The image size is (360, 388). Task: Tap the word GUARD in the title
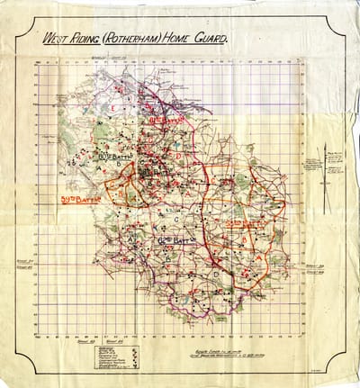(209, 39)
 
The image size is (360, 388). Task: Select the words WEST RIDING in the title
(70, 39)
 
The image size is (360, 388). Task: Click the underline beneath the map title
(135, 48)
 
